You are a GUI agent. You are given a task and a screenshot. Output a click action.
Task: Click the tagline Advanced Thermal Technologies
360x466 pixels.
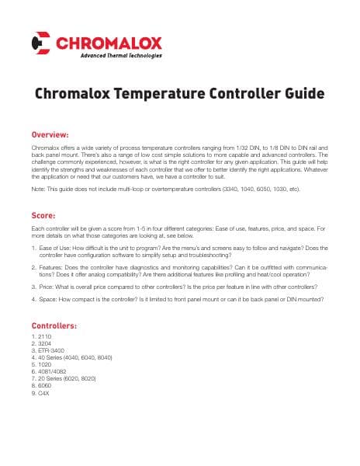click(121, 55)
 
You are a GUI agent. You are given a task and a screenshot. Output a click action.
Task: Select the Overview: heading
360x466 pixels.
click(50, 134)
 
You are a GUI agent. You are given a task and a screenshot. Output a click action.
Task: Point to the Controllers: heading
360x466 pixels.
click(54, 325)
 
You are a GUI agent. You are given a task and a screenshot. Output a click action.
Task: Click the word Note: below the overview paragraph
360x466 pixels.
click(38, 189)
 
